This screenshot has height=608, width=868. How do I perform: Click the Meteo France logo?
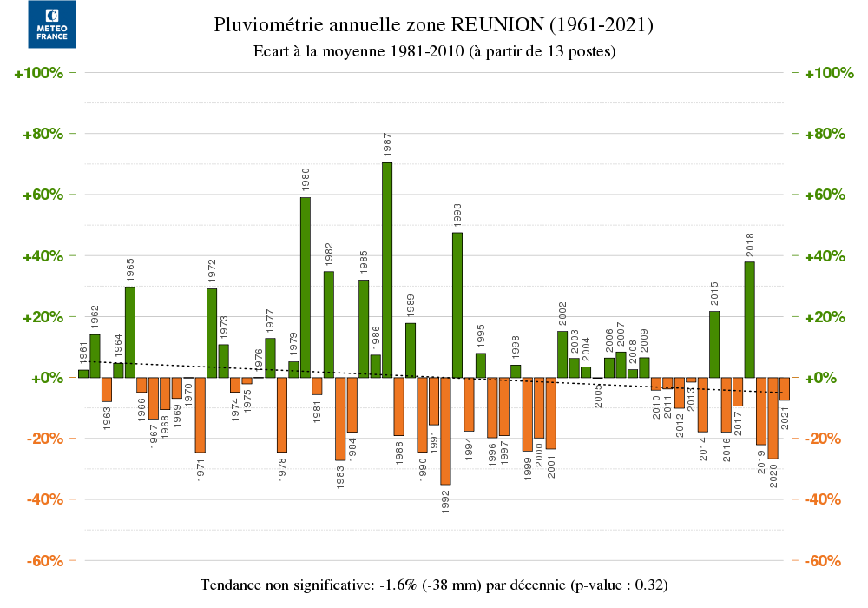click(51, 24)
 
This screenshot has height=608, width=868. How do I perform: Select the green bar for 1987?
click(387, 269)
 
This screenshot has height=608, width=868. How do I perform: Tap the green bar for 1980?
click(306, 287)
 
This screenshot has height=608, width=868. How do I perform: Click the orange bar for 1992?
click(445, 431)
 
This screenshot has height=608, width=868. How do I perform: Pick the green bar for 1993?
click(457, 304)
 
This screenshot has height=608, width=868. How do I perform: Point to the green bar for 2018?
click(749, 319)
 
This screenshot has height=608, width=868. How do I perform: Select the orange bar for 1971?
click(201, 415)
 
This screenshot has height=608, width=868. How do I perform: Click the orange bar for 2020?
click(773, 418)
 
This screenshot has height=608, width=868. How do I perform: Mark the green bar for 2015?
click(714, 344)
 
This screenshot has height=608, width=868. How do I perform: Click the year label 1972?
click(213, 270)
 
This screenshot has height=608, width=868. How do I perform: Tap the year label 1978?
click(282, 469)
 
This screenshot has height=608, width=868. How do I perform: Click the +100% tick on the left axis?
click(40, 73)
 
